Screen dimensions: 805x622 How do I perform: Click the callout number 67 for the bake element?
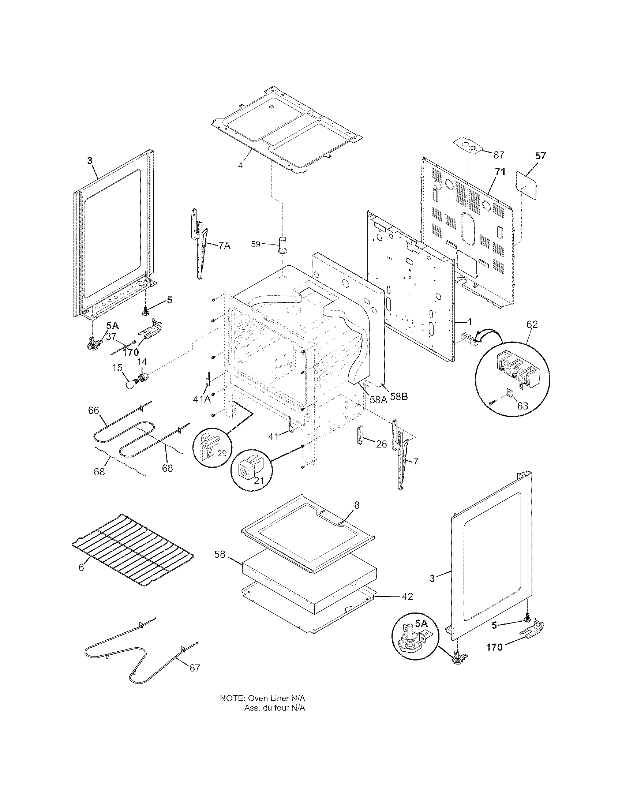coord(194,668)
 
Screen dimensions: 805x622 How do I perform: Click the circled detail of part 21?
coord(251,471)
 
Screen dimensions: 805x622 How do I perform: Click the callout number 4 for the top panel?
coord(240,165)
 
